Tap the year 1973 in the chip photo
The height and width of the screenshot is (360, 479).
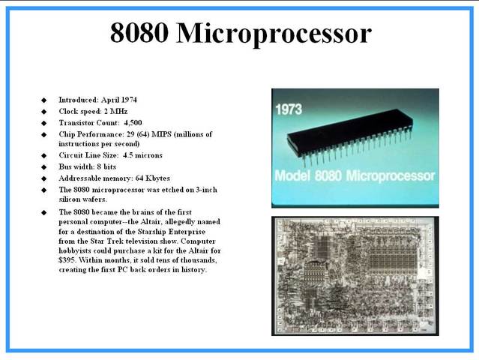point(288,109)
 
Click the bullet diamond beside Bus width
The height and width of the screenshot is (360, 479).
point(43,166)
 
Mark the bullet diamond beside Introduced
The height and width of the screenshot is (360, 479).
point(43,100)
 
